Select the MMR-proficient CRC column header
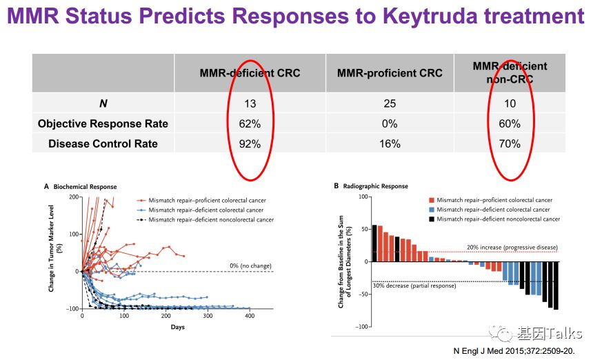click(x=390, y=73)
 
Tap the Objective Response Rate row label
click(x=103, y=124)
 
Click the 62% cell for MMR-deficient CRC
click(x=250, y=124)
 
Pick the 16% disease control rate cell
click(x=390, y=143)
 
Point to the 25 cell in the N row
click(x=390, y=104)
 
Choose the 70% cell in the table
click(x=510, y=143)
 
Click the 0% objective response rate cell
click(x=390, y=124)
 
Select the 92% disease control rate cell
click(x=250, y=143)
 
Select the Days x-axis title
click(x=177, y=326)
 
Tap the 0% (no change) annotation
click(x=250, y=266)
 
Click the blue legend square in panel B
click(x=431, y=209)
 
